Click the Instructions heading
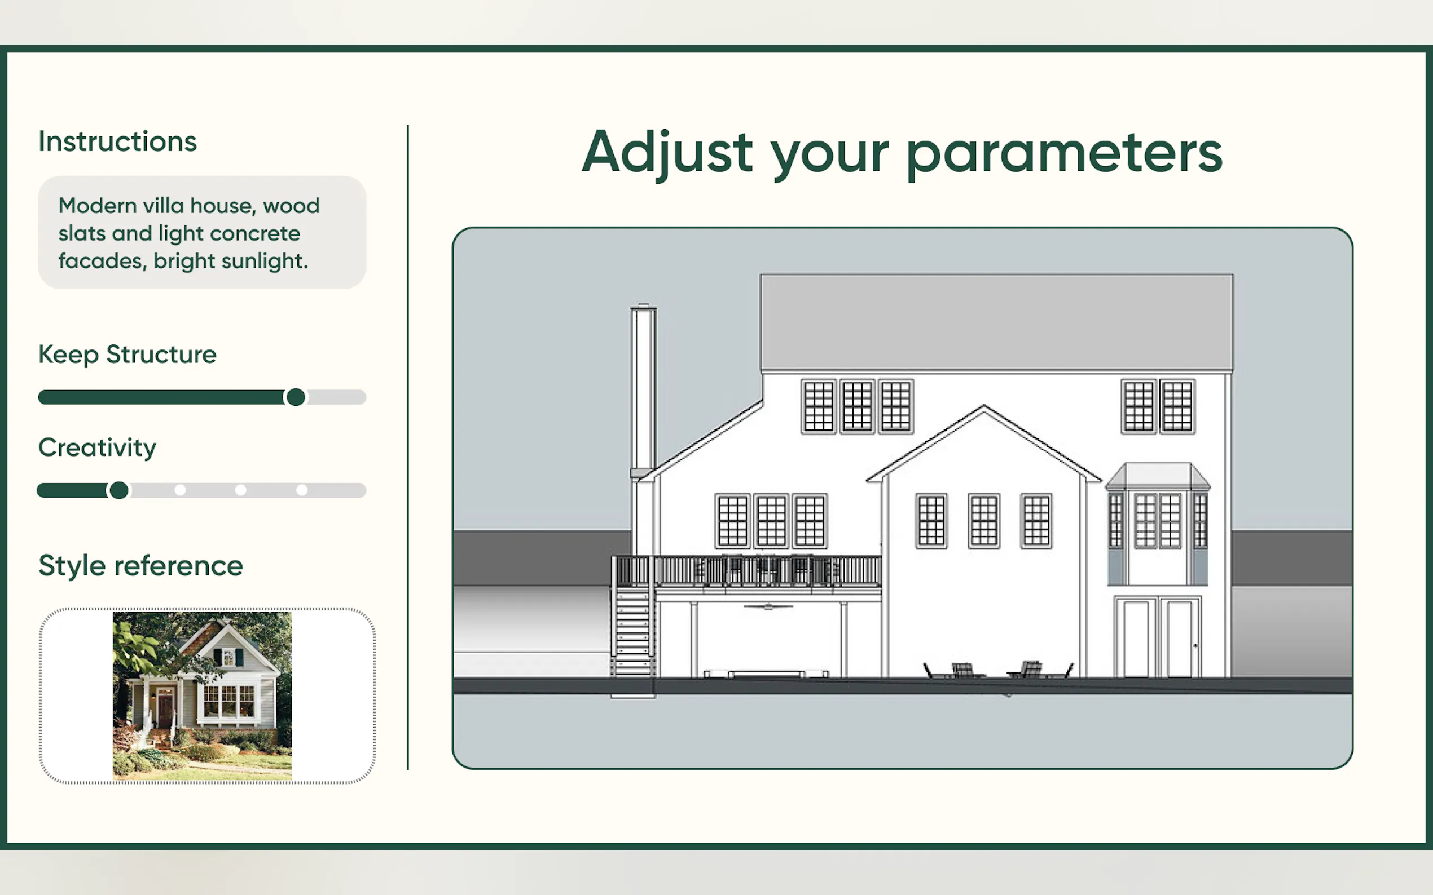point(117,141)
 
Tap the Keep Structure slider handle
point(296,397)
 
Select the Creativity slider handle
point(118,490)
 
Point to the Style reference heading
point(141,566)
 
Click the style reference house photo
point(202,696)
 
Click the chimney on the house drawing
point(643,391)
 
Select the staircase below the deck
point(632,631)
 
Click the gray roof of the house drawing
point(997,322)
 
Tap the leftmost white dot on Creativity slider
point(180,490)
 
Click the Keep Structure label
point(128,355)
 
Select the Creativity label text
point(97,448)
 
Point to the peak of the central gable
point(984,406)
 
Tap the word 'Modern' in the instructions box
point(98,206)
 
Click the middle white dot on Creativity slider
point(240,490)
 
